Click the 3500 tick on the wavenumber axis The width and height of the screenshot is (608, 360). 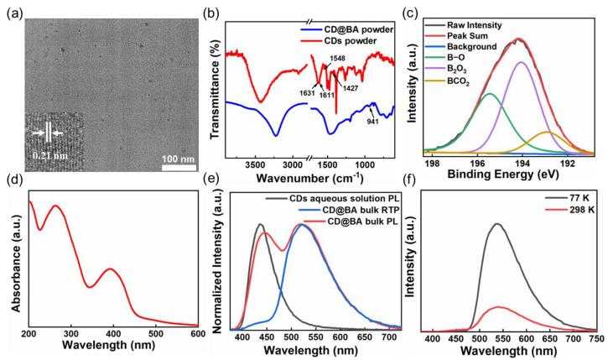pos(249,169)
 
